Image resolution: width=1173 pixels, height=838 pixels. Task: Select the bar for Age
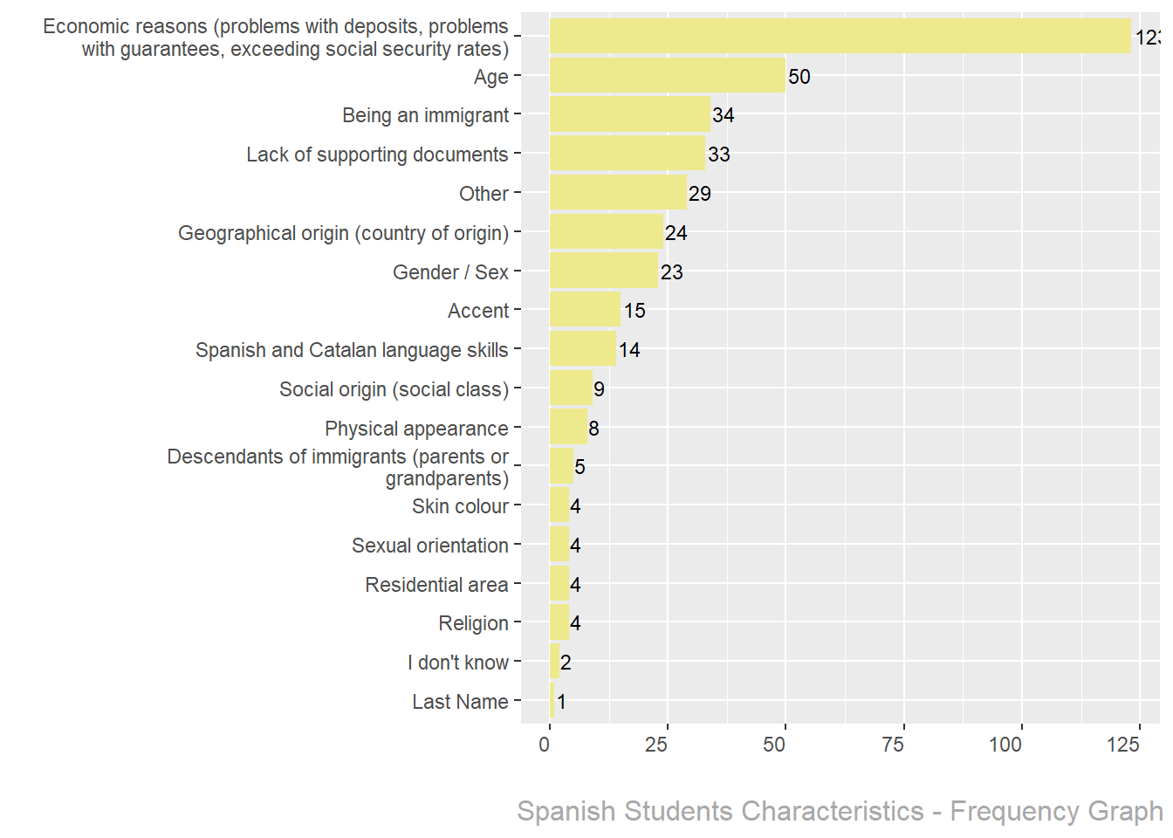pos(667,76)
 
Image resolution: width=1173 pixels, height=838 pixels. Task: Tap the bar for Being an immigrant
pos(629,114)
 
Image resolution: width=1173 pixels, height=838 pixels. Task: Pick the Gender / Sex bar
pos(603,271)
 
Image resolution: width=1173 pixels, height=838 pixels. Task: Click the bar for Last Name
pos(552,701)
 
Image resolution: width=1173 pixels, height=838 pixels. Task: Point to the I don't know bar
pos(554,662)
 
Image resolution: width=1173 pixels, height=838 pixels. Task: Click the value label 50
pos(799,77)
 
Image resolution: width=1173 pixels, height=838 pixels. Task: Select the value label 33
pos(718,155)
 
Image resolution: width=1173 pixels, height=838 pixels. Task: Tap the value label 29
pos(699,194)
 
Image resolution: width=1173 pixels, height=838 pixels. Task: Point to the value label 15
pos(635,311)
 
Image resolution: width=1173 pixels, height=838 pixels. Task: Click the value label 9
pos(599,389)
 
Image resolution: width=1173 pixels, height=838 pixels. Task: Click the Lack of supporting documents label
pos(377,155)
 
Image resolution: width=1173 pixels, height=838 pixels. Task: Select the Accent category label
pos(477,311)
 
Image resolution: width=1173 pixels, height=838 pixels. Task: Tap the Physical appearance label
pos(416,429)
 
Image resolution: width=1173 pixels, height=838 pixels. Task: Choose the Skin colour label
pos(460,506)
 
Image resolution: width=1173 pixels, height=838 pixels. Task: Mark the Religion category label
pos(473,623)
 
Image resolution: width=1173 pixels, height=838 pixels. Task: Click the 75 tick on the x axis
pos(893,745)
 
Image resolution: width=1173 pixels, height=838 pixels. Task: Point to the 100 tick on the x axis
pos(1005,745)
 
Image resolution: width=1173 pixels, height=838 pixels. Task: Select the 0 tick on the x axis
pos(545,745)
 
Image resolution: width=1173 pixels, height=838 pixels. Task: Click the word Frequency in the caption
pos(1004,811)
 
